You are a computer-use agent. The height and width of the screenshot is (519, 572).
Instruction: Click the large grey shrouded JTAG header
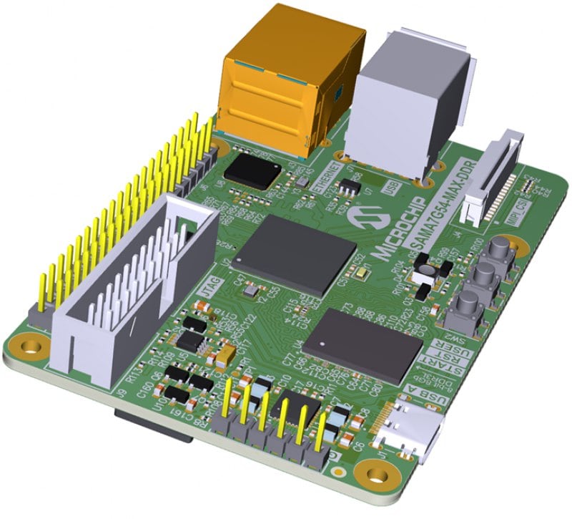click(136, 286)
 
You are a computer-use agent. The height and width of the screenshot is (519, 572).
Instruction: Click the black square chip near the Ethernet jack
click(252, 173)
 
